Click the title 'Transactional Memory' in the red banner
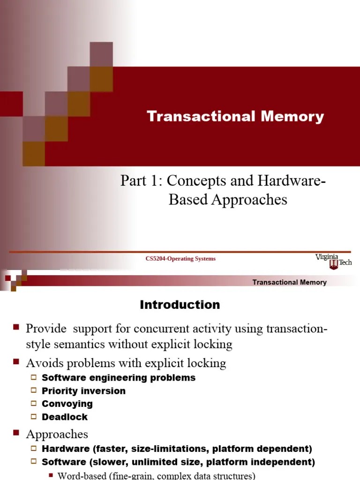(x=235, y=117)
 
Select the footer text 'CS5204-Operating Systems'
(x=180, y=259)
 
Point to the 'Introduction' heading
(x=180, y=305)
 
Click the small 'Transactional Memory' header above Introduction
(x=289, y=282)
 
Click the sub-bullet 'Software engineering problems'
(x=119, y=377)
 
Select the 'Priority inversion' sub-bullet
(x=83, y=390)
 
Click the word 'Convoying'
(x=67, y=404)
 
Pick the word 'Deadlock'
(x=65, y=417)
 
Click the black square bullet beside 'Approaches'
(x=16, y=433)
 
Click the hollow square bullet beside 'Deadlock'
(x=34, y=417)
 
